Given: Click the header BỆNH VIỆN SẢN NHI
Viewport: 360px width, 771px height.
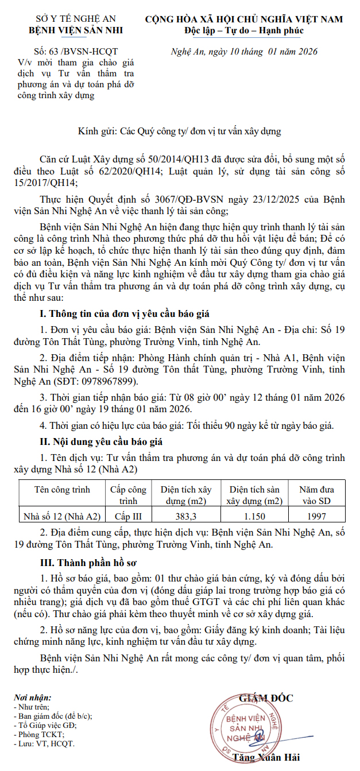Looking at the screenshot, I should (76, 30).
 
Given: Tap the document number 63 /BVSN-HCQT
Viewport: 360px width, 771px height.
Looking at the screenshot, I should (85, 52).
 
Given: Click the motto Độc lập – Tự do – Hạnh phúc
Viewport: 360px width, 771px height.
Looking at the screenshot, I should (244, 30).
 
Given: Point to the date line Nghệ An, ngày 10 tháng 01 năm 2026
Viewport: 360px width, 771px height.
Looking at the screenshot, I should (244, 52).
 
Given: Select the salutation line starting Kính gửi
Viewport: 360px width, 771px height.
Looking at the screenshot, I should (180, 131).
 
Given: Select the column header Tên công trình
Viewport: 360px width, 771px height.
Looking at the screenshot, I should (62, 490).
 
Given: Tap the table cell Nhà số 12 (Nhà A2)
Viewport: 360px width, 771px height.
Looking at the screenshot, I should (62, 516).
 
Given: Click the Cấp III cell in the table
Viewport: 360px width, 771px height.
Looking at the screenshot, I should (129, 516).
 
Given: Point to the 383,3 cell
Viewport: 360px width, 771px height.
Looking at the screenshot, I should (185, 516).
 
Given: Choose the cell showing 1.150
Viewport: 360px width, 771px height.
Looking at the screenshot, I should (254, 516).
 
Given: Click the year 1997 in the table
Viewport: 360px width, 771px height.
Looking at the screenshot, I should (316, 516).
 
